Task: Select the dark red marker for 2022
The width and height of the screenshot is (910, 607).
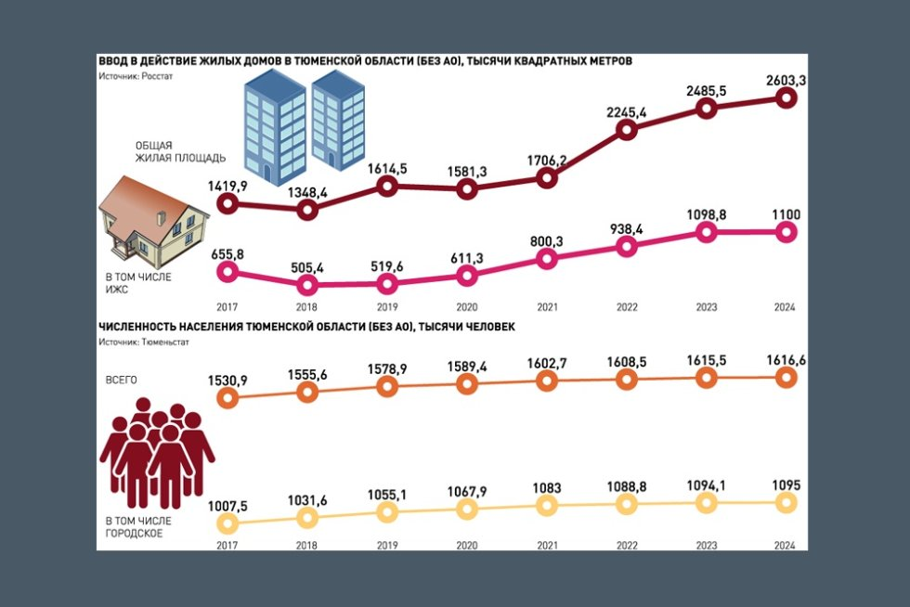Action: (627, 130)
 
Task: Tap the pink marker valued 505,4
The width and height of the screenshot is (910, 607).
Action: (308, 286)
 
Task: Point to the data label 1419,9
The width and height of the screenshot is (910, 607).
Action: (228, 187)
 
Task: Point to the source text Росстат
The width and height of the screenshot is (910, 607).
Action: (156, 77)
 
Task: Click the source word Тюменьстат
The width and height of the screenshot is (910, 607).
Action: (164, 342)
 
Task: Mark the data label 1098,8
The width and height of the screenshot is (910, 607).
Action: (706, 215)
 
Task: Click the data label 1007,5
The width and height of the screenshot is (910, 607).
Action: (228, 506)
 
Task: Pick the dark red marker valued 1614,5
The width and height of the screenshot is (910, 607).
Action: (388, 187)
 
